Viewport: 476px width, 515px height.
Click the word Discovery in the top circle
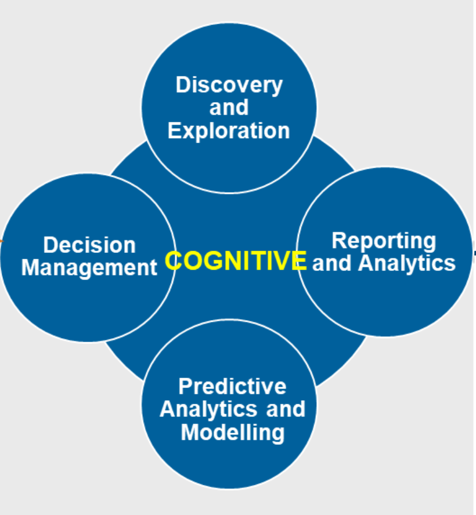[x=229, y=85]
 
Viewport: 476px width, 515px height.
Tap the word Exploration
[x=229, y=130]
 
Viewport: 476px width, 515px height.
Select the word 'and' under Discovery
[x=229, y=108]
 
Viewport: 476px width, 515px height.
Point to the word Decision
[x=89, y=245]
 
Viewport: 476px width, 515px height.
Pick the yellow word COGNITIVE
[x=236, y=261]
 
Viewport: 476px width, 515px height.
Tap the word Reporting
[x=384, y=241]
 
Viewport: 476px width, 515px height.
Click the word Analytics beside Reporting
[x=406, y=263]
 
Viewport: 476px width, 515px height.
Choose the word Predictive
[x=232, y=386]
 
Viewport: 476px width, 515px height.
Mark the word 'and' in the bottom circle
[x=286, y=409]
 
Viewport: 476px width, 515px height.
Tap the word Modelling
[x=232, y=432]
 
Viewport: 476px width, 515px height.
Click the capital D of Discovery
[x=183, y=85]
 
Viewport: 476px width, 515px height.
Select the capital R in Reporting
[x=339, y=241]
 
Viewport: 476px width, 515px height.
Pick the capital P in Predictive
[x=185, y=386]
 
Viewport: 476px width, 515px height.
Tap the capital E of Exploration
[x=174, y=130]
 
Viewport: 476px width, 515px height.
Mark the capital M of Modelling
[x=189, y=432]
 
